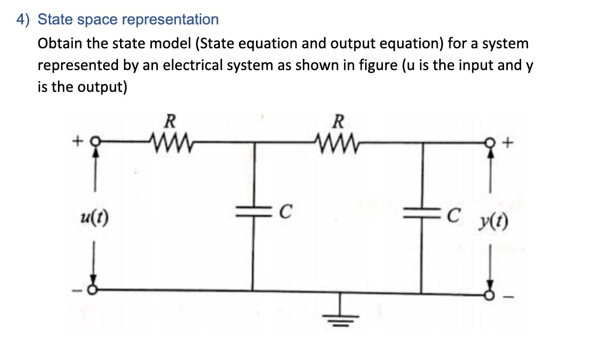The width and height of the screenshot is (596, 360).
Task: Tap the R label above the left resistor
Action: point(169,122)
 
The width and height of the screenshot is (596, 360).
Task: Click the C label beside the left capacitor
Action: point(284,213)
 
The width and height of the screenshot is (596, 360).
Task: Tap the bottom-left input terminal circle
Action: point(93,290)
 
